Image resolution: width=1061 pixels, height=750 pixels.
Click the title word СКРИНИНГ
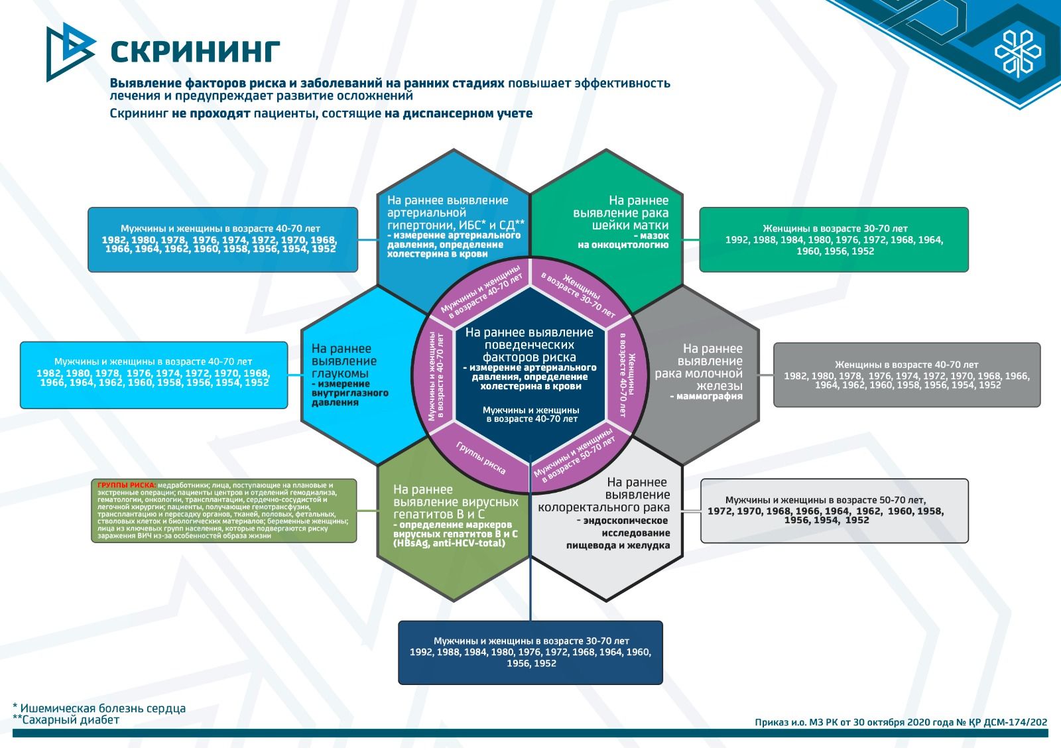click(195, 51)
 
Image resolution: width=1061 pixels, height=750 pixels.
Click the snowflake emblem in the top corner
click(1018, 52)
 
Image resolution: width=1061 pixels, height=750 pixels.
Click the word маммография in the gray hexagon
click(709, 397)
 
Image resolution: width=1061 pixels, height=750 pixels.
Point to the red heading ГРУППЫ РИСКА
click(127, 485)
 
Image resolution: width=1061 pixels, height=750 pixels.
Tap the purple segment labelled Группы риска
click(481, 458)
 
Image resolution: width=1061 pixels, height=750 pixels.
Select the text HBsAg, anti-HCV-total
click(449, 543)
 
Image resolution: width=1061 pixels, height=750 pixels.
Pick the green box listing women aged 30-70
click(834, 239)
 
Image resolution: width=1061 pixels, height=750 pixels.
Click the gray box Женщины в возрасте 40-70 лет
click(906, 375)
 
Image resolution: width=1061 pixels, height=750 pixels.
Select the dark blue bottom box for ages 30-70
click(530, 652)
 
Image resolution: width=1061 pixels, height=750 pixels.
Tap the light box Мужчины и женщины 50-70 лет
click(834, 510)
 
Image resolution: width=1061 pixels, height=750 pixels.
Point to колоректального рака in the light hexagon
click(603, 507)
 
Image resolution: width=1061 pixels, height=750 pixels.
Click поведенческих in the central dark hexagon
click(529, 345)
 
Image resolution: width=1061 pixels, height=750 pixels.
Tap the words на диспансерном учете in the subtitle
click(458, 113)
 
